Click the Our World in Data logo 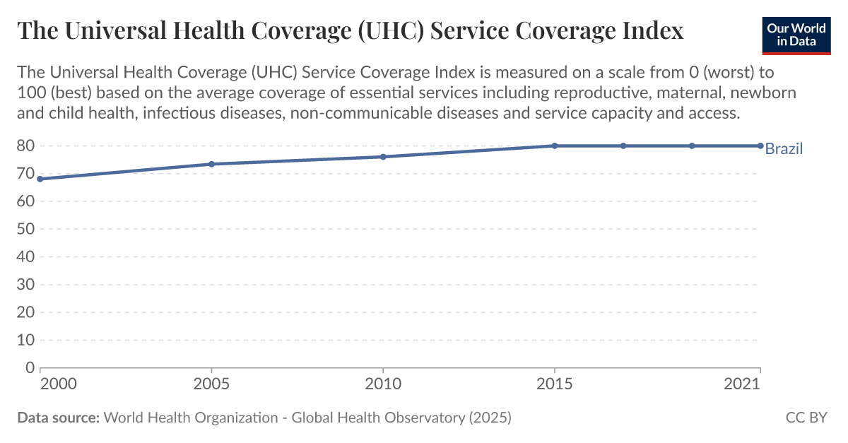pyautogui.click(x=796, y=33)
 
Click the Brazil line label pyautogui.click(x=784, y=148)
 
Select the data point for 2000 pyautogui.click(x=40, y=179)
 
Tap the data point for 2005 pyautogui.click(x=211, y=164)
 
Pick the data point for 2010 pyautogui.click(x=383, y=157)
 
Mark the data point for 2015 pyautogui.click(x=555, y=146)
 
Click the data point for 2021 pyautogui.click(x=760, y=146)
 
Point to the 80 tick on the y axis pyautogui.click(x=25, y=146)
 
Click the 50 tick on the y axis pyautogui.click(x=25, y=229)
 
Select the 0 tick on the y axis pyautogui.click(x=30, y=367)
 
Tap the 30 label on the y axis pyautogui.click(x=25, y=284)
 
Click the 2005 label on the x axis pyautogui.click(x=211, y=384)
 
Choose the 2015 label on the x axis pyautogui.click(x=555, y=384)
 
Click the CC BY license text pyautogui.click(x=806, y=418)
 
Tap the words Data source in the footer pyautogui.click(x=58, y=418)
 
